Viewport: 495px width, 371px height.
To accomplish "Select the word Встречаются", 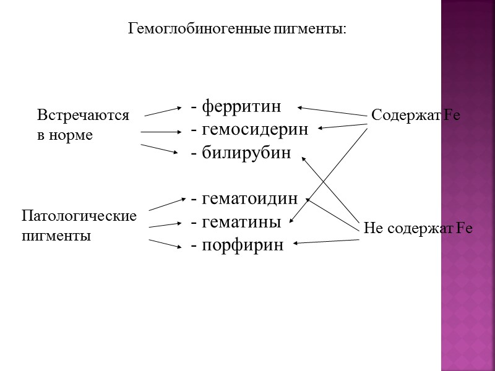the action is click(83, 115).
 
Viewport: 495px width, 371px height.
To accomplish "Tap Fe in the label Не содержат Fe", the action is click(464, 228).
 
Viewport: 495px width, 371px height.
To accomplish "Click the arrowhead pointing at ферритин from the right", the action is click(300, 108).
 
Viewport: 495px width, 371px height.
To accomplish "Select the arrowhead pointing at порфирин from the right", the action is click(296, 244).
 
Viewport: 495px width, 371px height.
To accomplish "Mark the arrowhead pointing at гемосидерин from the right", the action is click(322, 129).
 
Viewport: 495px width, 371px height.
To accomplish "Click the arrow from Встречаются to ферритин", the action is click(162, 110).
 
